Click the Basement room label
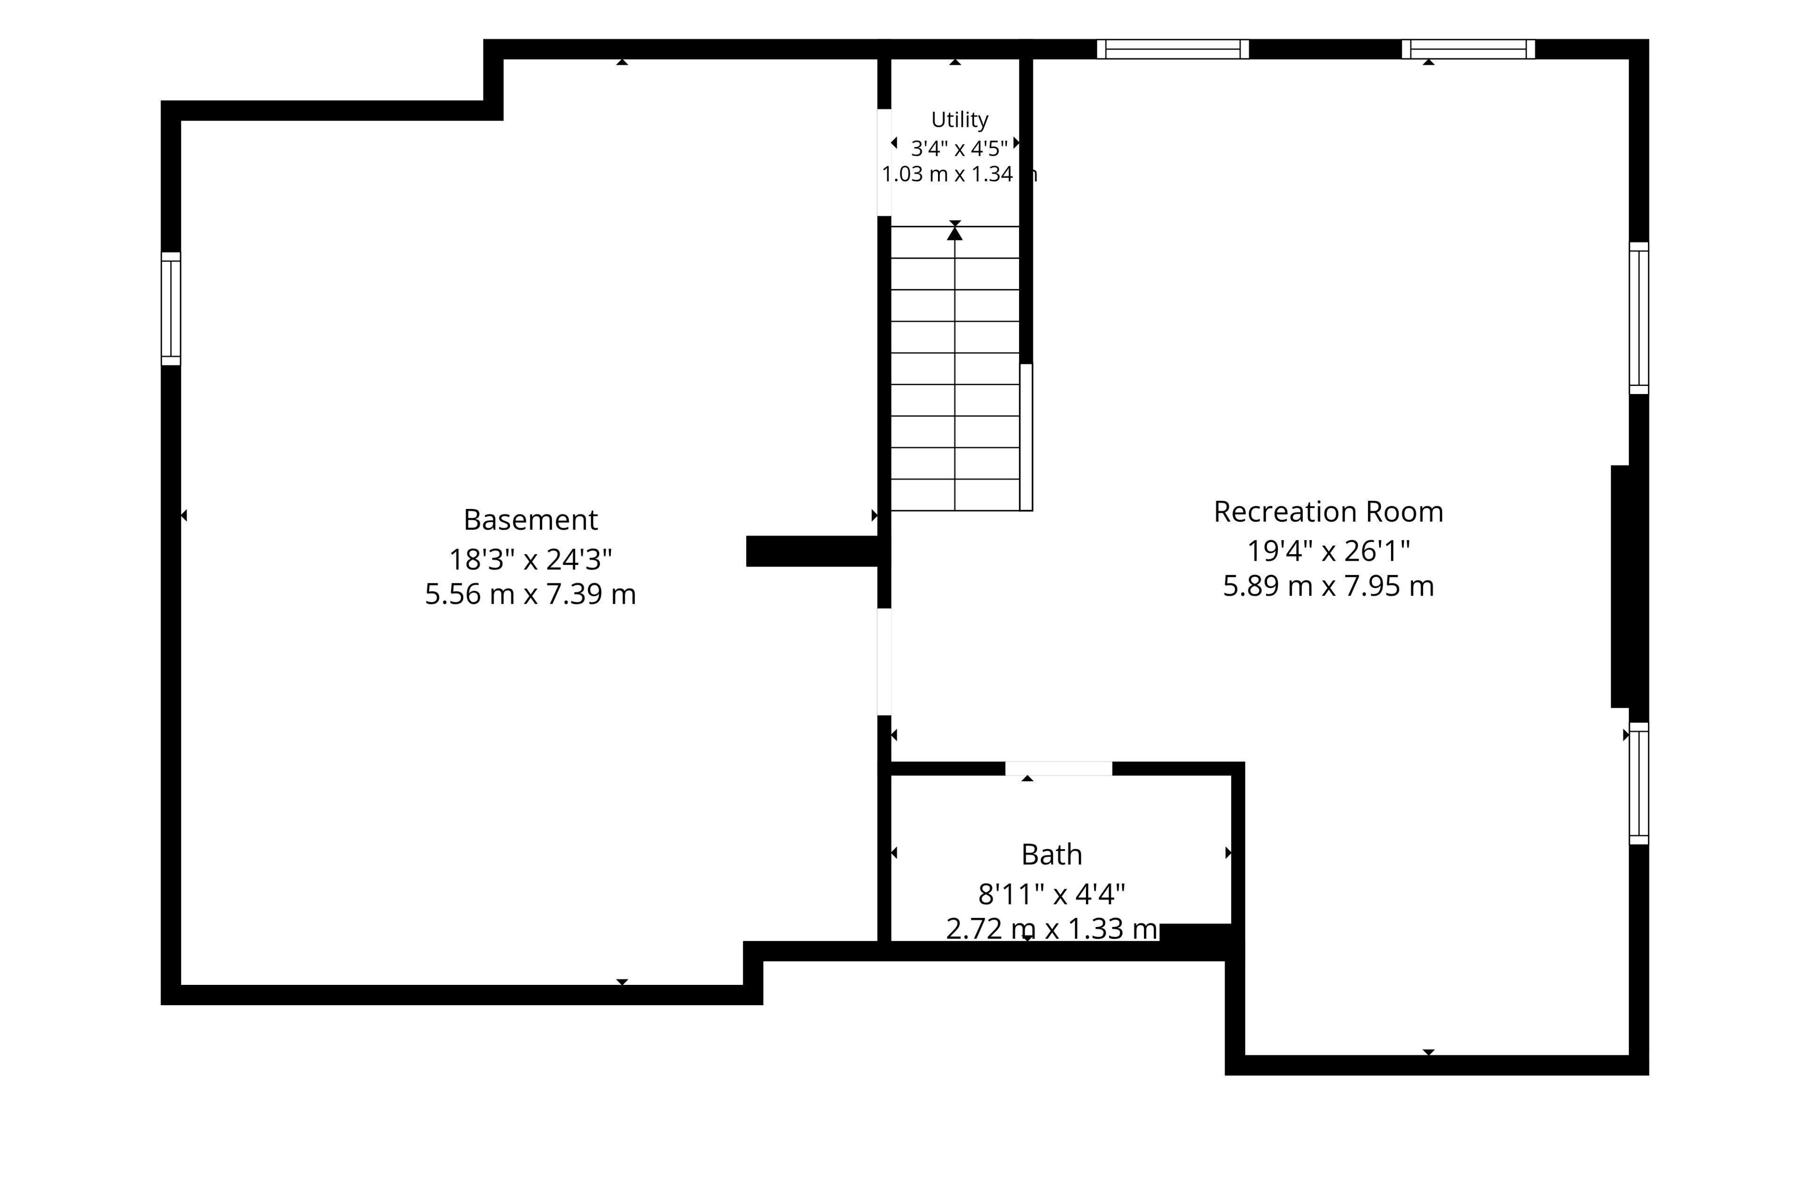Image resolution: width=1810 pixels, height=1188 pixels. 530,520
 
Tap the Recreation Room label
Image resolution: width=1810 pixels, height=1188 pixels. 1328,512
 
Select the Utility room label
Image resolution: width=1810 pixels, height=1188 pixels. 959,120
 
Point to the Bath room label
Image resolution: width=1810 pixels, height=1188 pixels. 1051,855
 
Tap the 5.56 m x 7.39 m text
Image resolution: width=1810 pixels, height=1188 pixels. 530,594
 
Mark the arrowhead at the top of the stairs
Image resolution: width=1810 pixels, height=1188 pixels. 954,233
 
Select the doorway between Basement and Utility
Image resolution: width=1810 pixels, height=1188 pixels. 884,163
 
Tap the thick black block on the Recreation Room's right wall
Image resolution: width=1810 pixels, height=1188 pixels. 1620,586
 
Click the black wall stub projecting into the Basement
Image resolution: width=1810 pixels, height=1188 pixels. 812,551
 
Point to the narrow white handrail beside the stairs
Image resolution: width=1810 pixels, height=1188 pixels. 1026,437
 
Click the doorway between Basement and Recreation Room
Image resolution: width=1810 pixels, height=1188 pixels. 884,662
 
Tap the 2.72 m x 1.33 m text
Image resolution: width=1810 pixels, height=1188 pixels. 1051,929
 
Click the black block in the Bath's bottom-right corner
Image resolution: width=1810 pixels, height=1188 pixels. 1195,933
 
